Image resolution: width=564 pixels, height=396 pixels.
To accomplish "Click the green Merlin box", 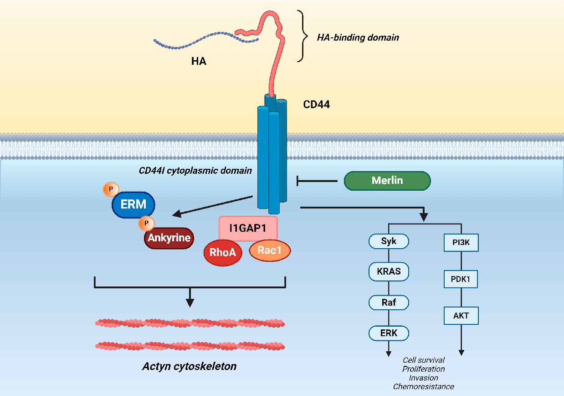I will tap(387, 181).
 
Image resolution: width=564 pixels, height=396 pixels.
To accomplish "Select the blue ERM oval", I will tap(133, 204).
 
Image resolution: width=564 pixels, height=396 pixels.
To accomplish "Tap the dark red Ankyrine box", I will tap(169, 238).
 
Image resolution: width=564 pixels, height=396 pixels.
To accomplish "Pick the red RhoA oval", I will tap(223, 252).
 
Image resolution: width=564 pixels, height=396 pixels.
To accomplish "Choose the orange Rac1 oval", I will tap(270, 250).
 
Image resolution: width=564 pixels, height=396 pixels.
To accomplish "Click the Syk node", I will tap(389, 241).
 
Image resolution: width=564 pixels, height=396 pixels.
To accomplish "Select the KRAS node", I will tap(389, 271).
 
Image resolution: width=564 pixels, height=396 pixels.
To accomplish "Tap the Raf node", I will tap(389, 302).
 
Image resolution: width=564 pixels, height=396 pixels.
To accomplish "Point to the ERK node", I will tap(389, 333).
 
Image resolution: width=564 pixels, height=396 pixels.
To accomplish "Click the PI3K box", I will tap(461, 242).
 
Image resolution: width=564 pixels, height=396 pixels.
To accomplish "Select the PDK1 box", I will tap(461, 279).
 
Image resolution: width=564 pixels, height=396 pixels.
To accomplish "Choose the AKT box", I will tap(461, 315).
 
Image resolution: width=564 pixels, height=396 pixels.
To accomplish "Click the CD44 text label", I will tap(316, 104).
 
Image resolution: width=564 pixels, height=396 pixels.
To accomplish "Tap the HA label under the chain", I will tap(199, 61).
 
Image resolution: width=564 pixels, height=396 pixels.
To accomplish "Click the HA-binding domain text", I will tap(358, 37).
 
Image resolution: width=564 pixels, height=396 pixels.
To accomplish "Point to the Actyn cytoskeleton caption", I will tap(189, 366).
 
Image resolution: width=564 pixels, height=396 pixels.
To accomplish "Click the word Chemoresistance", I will tap(424, 386).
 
